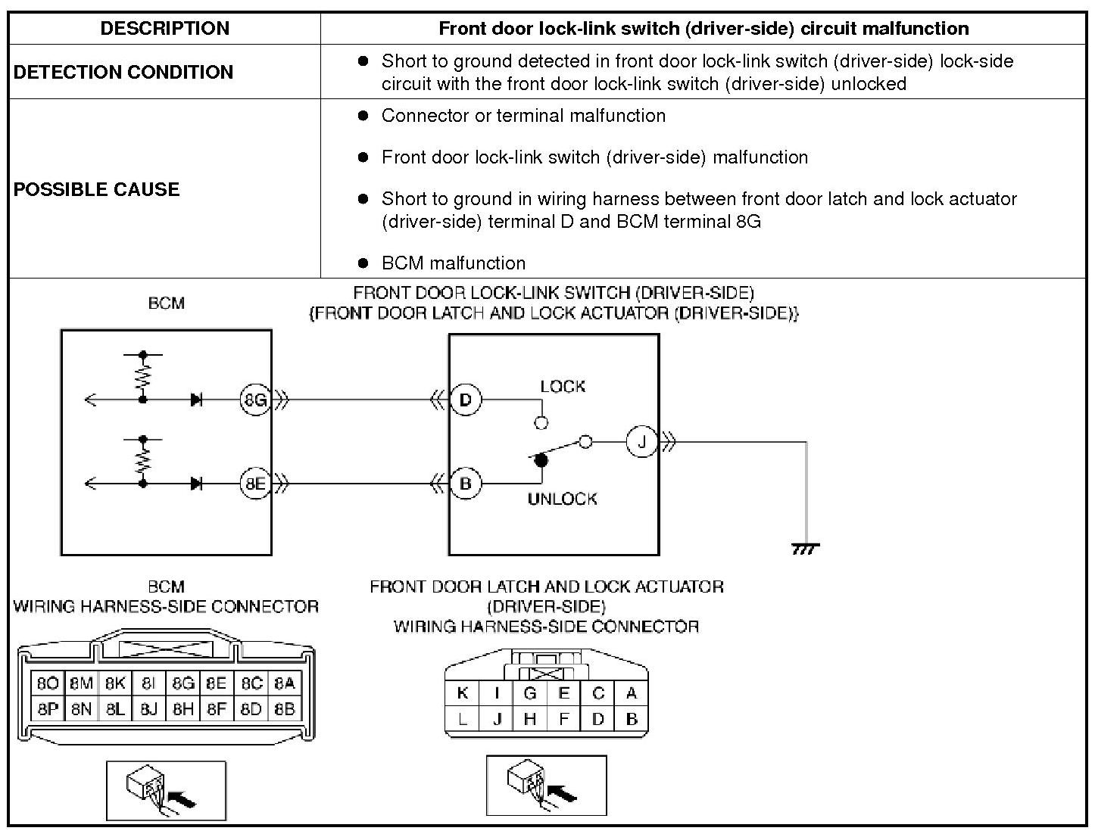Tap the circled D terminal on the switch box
466,399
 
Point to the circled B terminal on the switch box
466,483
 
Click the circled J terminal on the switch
641,441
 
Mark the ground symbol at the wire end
805,549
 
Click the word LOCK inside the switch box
563,386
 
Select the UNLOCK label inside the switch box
562,499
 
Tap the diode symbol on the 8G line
197,399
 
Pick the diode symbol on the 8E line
197,483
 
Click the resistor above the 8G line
142,376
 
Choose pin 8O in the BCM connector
47,683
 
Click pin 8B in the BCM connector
284,709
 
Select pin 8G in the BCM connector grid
183,683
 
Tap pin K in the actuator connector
463,692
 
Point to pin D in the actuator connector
598,719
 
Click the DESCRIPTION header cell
164,29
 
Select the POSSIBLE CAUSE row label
97,189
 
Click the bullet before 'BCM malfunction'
363,263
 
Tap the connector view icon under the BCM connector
166,791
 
